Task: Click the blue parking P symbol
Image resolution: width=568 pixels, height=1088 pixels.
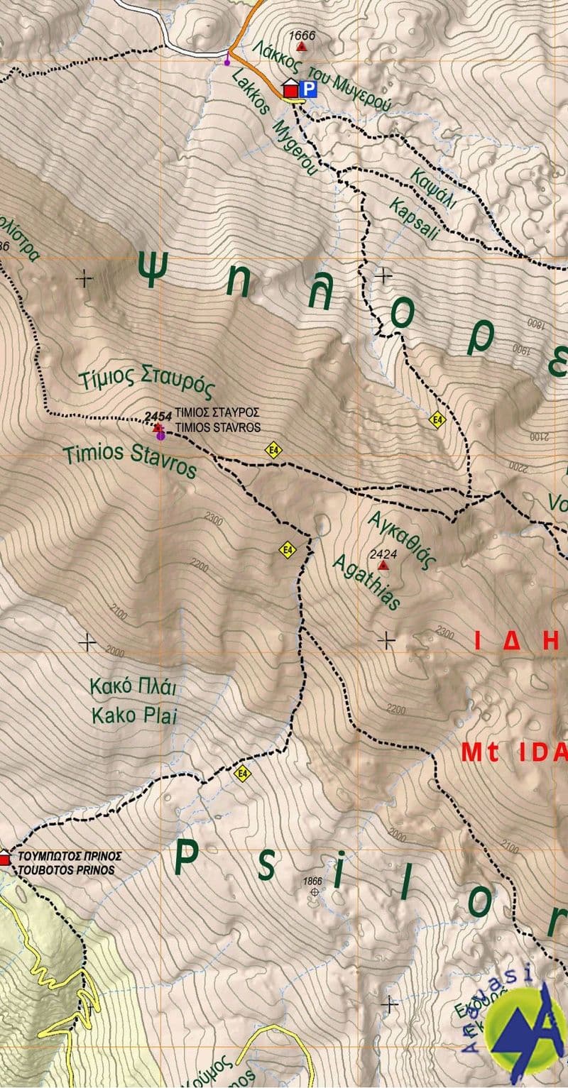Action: point(307,89)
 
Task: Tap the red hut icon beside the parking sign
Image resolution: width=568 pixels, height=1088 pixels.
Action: point(290,89)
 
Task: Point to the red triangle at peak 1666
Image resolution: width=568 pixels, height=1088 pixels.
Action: point(302,47)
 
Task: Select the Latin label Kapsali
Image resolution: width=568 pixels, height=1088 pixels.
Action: point(414,219)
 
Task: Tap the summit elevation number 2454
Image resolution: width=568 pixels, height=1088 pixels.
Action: point(158,416)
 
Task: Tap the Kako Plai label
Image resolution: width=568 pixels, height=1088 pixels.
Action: point(133,715)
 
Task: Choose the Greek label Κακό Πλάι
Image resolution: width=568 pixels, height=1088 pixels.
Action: point(133,688)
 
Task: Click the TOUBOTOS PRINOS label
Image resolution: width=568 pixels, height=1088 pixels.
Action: point(67,870)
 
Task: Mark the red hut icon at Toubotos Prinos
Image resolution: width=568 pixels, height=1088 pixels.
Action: point(5,858)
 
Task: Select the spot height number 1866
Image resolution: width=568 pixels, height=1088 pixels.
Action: point(312,881)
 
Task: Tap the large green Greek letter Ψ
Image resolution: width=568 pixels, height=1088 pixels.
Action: point(155,269)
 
